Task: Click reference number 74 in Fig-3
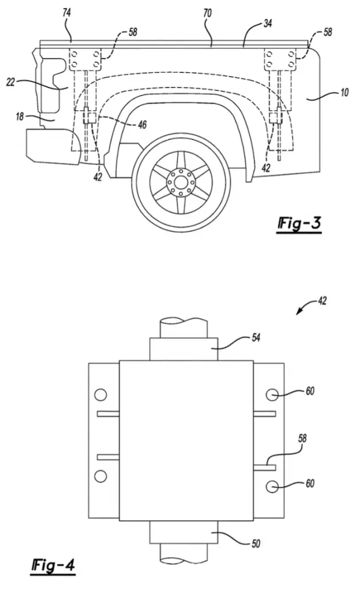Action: click(67, 13)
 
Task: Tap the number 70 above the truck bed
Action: click(207, 14)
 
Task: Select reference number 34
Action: click(267, 24)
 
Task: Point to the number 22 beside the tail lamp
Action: click(10, 82)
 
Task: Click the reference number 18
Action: click(20, 116)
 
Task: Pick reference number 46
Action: click(142, 124)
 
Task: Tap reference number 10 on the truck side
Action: click(344, 93)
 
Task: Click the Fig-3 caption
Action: click(299, 224)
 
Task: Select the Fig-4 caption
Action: click(53, 565)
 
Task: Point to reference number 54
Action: click(256, 338)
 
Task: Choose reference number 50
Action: click(256, 544)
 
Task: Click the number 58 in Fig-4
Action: click(302, 438)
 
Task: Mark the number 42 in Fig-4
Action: click(322, 301)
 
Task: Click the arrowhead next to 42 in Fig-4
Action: click(298, 312)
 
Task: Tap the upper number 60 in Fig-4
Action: click(310, 391)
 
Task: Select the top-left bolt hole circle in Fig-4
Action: click(101, 395)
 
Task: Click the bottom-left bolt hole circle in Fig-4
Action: click(100, 476)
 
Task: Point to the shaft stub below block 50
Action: click(183, 553)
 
